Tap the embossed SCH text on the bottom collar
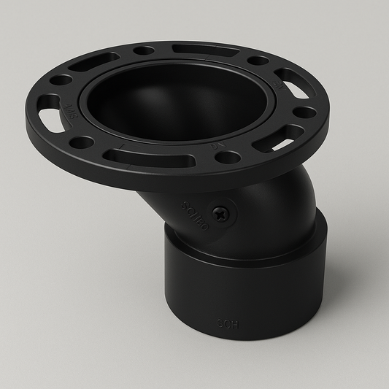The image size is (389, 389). tap(228, 322)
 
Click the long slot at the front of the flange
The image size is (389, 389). tap(131, 155)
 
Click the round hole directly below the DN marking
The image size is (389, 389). tap(228, 157)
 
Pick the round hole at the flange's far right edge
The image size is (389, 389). tap(306, 112)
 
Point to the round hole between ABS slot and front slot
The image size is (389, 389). tap(83, 142)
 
